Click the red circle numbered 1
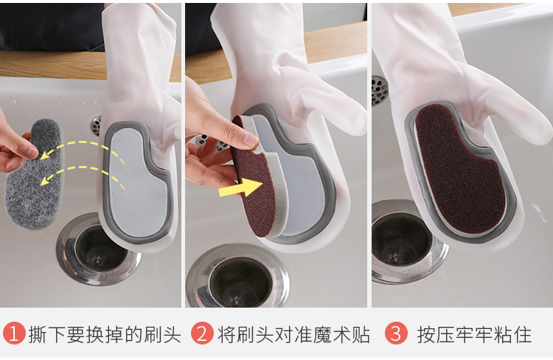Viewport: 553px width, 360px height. click(x=14, y=333)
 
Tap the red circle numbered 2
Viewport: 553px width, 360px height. click(x=202, y=333)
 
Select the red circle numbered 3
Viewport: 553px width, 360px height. click(x=396, y=333)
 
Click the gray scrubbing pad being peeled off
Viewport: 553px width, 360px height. click(x=35, y=175)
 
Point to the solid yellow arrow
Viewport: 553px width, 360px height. click(x=241, y=187)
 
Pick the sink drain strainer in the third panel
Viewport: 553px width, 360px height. click(x=406, y=240)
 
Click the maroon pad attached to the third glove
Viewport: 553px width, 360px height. click(x=460, y=170)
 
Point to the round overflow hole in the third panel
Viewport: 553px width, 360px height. click(x=379, y=91)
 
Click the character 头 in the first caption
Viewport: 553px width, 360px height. click(x=172, y=334)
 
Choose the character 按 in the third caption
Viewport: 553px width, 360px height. click(x=426, y=334)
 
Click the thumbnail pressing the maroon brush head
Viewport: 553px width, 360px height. click(x=252, y=140)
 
